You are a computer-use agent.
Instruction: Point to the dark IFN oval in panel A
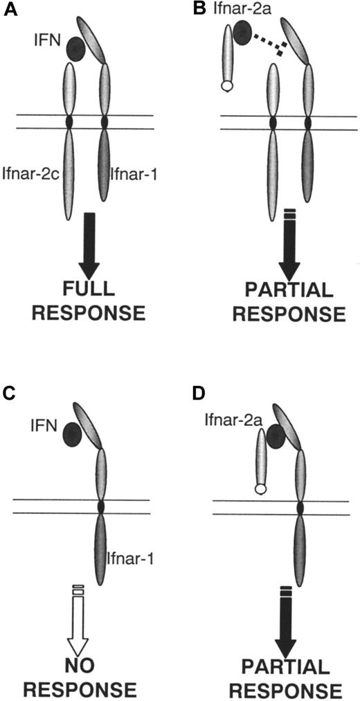(x=77, y=48)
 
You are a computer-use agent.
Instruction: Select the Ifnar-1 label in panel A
(x=133, y=174)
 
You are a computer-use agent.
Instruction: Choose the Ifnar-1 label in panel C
(x=127, y=556)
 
